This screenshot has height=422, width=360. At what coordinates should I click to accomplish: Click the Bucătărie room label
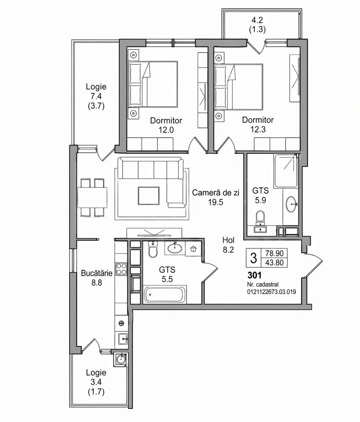point(97,273)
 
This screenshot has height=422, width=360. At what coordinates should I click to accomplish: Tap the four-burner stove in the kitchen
point(121,269)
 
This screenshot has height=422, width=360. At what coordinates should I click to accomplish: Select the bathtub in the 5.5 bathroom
point(165,294)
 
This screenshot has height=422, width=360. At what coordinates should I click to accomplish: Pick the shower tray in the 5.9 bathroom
point(286,171)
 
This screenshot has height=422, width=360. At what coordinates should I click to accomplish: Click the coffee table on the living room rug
point(148,196)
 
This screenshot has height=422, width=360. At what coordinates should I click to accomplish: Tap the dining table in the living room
point(92,197)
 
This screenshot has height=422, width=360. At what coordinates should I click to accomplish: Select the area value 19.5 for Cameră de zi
point(216,202)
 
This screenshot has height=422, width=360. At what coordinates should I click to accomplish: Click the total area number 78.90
point(275,253)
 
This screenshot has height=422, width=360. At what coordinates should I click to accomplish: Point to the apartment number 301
point(254,275)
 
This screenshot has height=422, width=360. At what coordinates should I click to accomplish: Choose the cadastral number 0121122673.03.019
point(272,292)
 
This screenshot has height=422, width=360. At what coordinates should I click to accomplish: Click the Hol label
point(228,240)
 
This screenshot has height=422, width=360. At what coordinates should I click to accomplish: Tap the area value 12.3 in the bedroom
point(258,130)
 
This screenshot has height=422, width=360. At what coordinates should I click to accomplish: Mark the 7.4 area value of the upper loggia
point(96,96)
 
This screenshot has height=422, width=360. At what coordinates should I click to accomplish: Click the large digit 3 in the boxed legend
point(253,258)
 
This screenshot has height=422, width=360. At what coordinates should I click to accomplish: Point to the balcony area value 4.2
point(257,20)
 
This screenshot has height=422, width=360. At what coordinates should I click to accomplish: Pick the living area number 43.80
point(275,262)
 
